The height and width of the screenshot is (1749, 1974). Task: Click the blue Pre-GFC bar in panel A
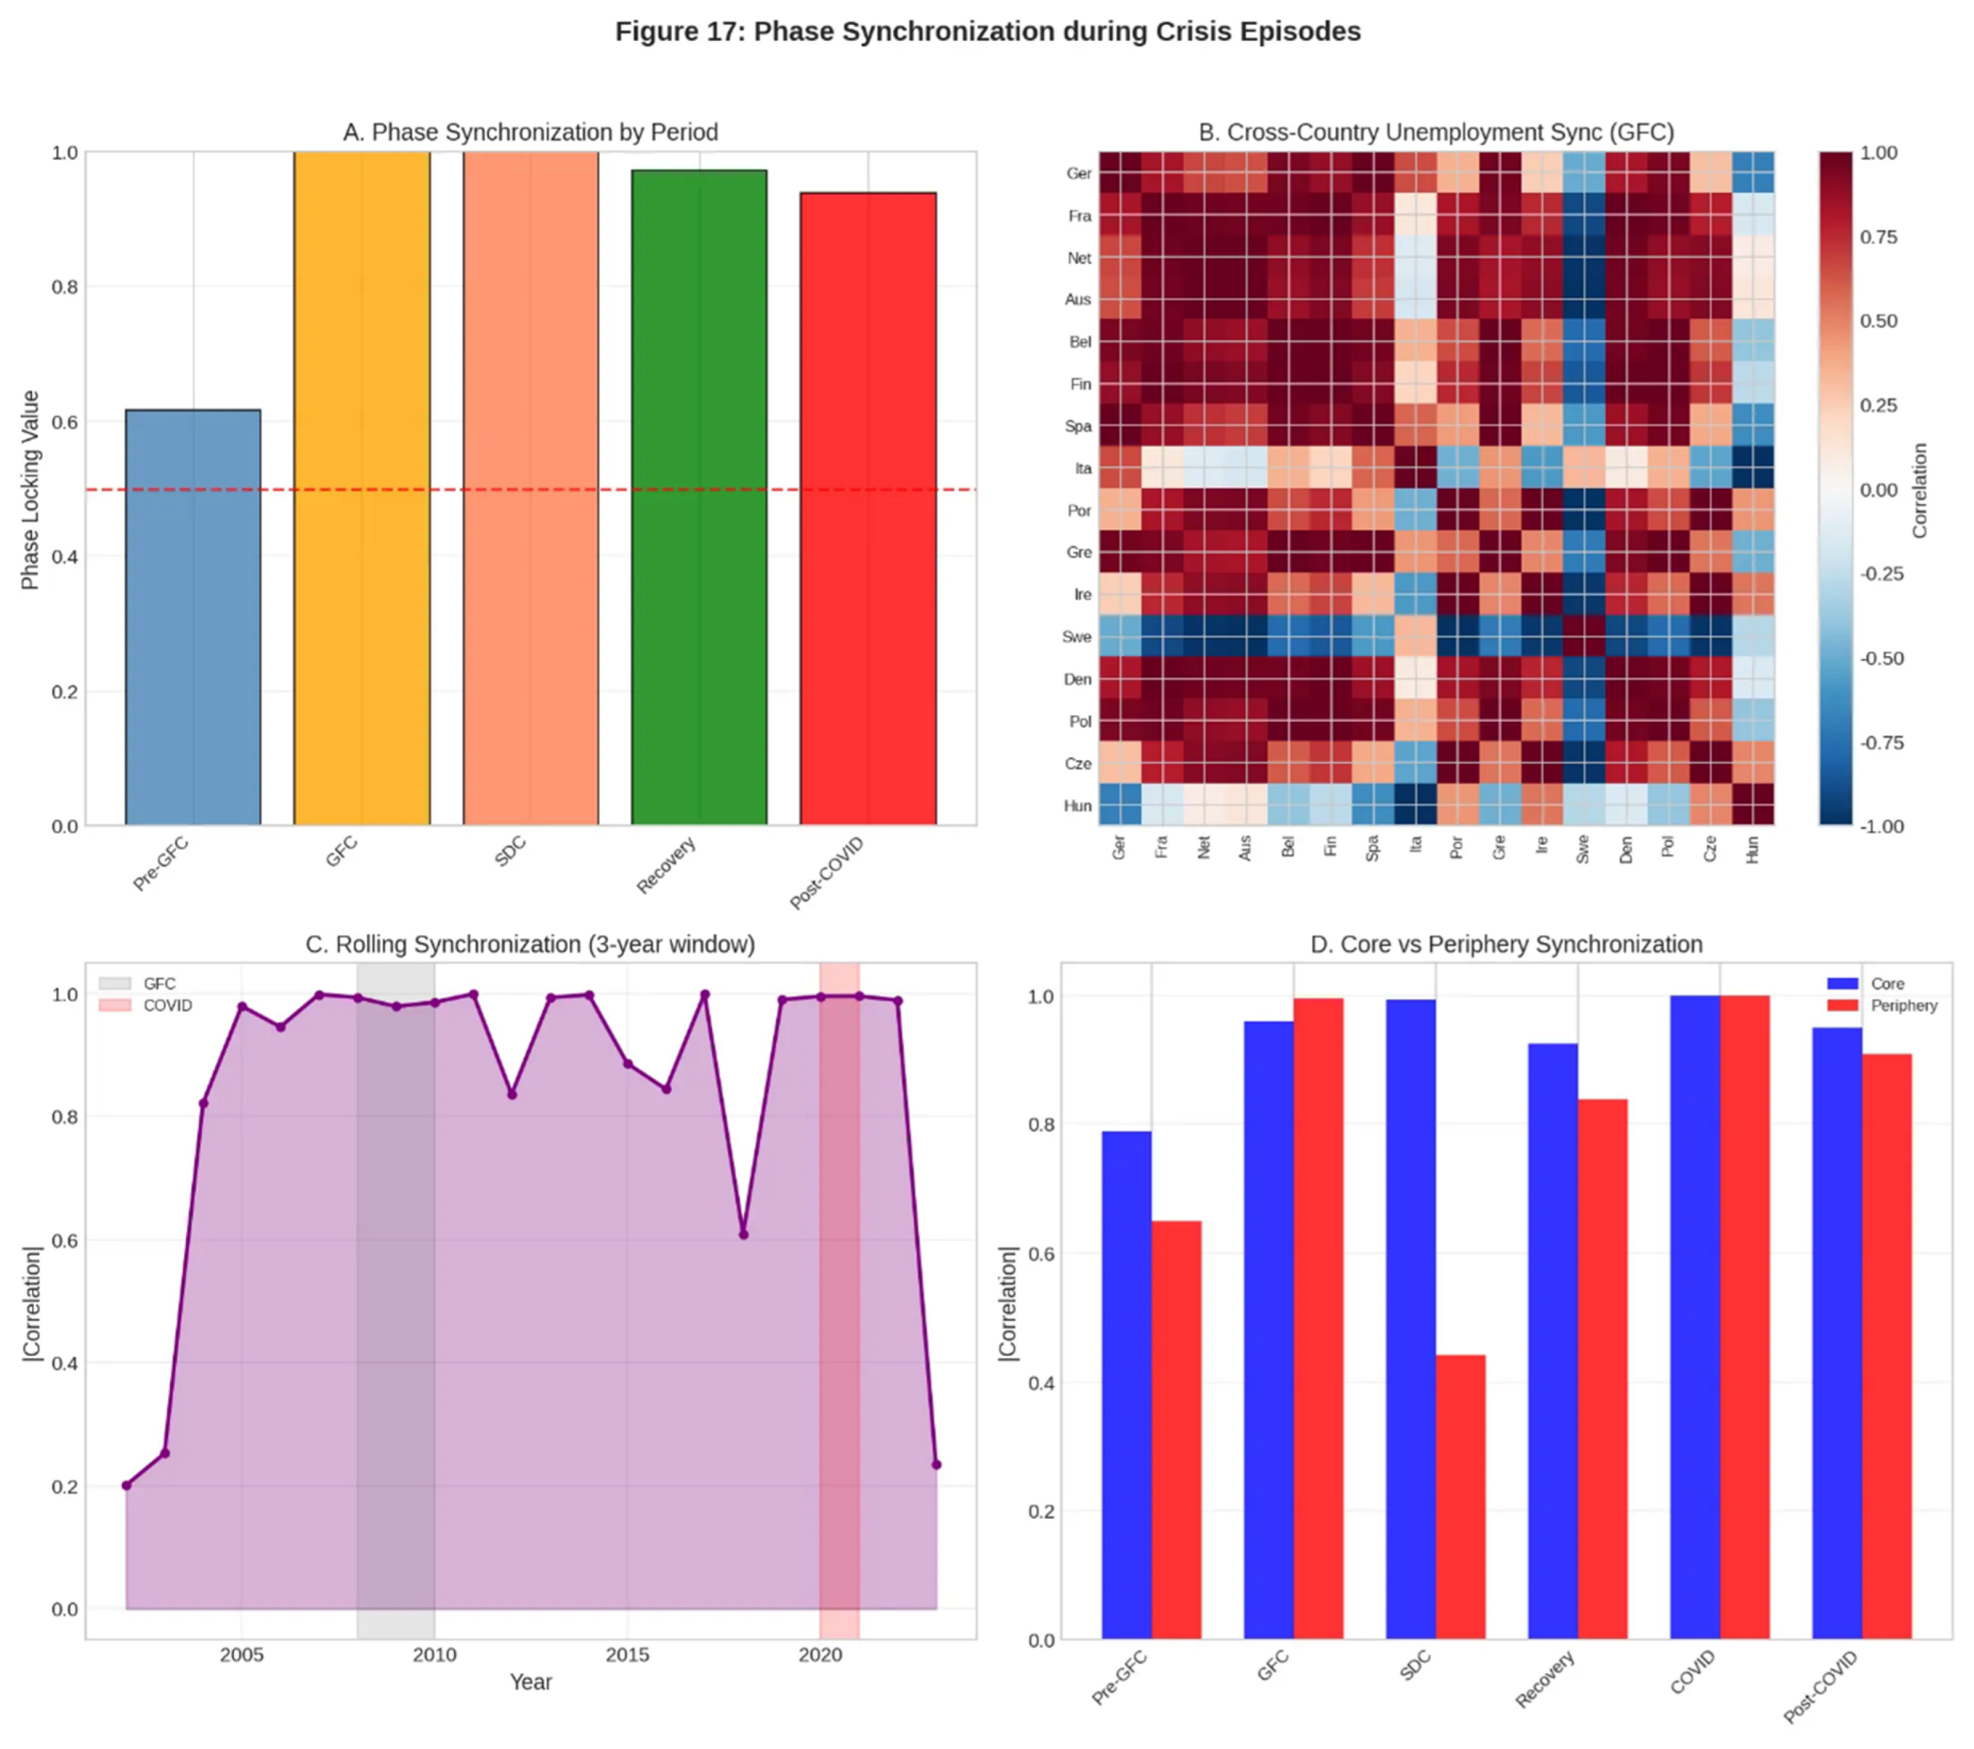(x=192, y=618)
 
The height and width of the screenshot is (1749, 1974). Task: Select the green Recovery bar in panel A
(x=698, y=497)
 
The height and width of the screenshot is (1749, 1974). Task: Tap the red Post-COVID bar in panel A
(x=867, y=509)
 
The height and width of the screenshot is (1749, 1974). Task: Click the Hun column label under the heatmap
(x=1753, y=849)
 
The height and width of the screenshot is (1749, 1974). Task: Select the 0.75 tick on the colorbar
(x=1878, y=238)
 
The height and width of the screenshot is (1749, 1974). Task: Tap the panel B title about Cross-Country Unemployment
(x=1435, y=132)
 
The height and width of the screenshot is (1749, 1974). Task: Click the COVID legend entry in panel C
(x=167, y=1005)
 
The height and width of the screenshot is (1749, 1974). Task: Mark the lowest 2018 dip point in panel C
(x=743, y=1234)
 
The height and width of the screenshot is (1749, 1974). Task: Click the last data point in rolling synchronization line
(x=936, y=1465)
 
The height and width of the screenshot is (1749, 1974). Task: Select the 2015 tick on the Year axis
(x=627, y=1654)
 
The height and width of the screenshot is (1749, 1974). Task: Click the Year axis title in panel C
(x=530, y=1681)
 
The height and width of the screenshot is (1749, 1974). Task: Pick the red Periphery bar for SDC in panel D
(x=1460, y=1497)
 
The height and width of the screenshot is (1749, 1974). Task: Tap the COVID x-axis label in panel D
(x=1692, y=1672)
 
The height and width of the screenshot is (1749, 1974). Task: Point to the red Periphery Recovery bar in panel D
(x=1602, y=1369)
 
